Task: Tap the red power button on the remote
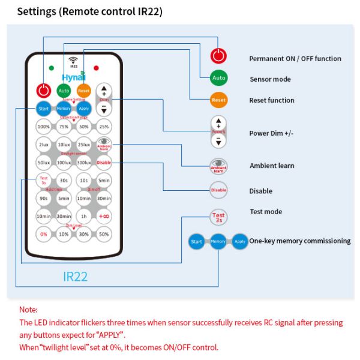(43, 91)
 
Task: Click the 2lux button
(43, 145)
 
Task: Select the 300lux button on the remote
(84, 163)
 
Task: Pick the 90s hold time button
(43, 198)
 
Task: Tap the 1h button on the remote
(84, 216)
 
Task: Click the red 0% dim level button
(43, 234)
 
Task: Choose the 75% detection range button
(64, 127)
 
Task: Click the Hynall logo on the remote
(74, 77)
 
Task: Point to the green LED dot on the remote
(52, 68)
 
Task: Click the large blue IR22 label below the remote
(76, 277)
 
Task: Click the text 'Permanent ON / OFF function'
(295, 59)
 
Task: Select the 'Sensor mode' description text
(270, 79)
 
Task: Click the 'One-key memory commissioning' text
(300, 241)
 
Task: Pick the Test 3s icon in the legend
(218, 217)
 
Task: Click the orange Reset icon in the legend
(218, 100)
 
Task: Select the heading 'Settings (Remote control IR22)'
(89, 12)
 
